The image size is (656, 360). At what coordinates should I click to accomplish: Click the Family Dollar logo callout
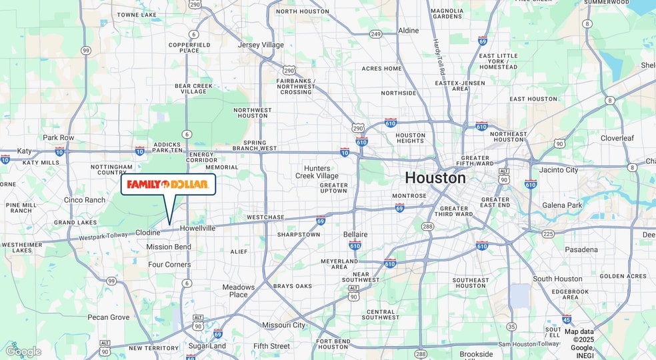coord(168,184)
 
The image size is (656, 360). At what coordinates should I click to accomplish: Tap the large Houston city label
coord(435,178)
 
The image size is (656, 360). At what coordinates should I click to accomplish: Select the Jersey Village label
coord(261,45)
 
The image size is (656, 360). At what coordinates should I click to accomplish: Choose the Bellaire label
coord(355,235)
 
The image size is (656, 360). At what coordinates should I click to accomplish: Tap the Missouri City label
coord(283,325)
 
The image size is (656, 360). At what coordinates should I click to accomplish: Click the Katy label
coord(24,151)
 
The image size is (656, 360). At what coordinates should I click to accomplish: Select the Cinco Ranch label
coord(85,200)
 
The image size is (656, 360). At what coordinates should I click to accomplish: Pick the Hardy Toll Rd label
coord(440,57)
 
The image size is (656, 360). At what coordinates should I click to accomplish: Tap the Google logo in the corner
coord(23,351)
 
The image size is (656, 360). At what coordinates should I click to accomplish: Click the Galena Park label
coord(562,205)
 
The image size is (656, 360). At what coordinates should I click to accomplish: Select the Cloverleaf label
coord(617,138)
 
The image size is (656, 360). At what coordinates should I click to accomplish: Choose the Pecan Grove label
coord(108,317)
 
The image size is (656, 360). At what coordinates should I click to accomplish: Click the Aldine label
coord(409,31)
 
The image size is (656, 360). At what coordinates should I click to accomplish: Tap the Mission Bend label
coord(169,247)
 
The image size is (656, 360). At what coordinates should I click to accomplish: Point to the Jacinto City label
coord(559,170)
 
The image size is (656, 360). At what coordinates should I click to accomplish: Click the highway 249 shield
coord(376,34)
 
